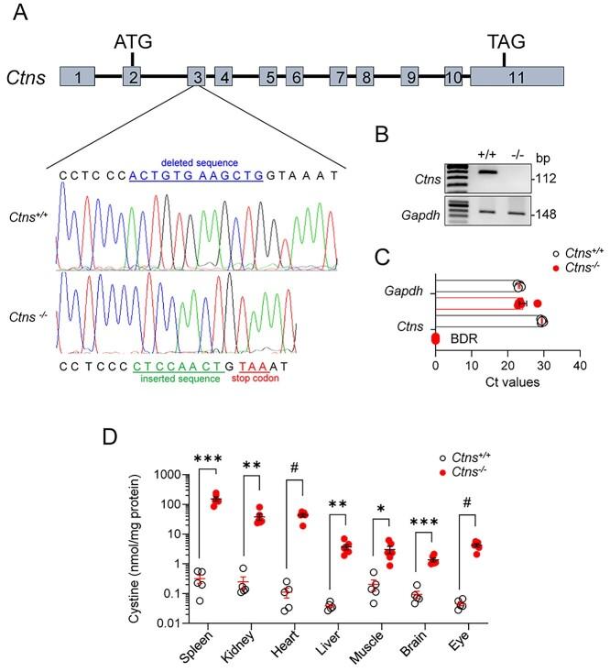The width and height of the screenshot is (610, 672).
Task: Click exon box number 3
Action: click(x=197, y=78)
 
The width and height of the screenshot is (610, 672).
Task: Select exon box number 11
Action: click(x=517, y=78)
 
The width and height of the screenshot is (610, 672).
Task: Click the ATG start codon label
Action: click(x=133, y=42)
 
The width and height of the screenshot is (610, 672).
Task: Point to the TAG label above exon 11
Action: click(x=506, y=42)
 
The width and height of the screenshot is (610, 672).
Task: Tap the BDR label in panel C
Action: click(x=463, y=338)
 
